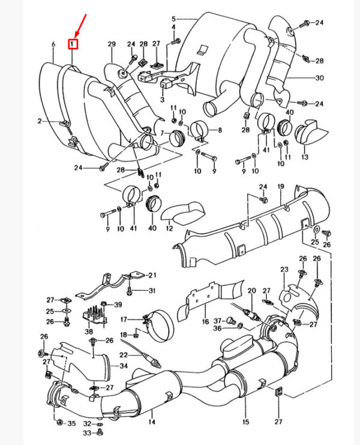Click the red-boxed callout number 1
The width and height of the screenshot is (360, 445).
73,44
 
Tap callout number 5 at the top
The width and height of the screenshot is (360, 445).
173,19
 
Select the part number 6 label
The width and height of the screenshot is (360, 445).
53,44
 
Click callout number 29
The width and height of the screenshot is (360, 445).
111,45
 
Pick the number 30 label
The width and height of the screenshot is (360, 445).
319,78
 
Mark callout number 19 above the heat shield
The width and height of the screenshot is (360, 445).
280,187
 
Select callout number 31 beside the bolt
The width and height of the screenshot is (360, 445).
152,291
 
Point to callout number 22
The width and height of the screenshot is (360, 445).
123,356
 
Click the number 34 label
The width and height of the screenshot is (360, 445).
124,366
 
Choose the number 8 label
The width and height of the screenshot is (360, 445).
220,130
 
